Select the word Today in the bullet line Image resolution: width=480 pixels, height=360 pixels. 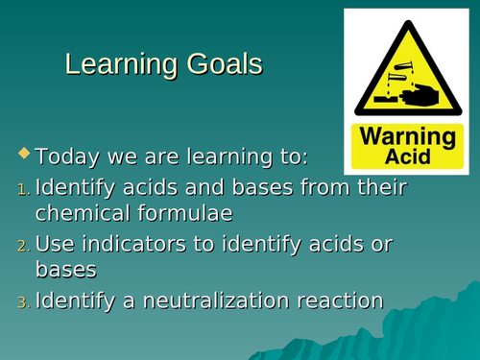tap(69, 156)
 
